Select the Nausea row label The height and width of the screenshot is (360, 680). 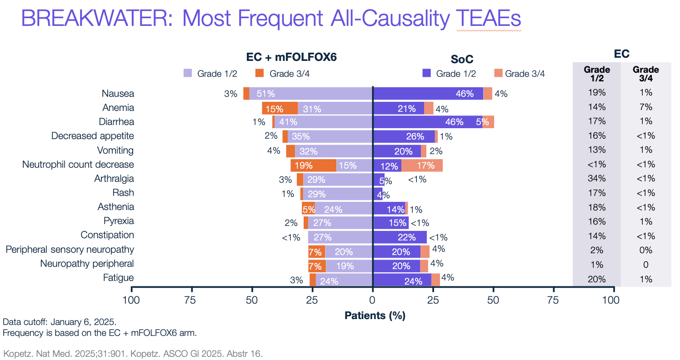[118, 94]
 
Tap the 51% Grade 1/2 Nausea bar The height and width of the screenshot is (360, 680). [311, 94]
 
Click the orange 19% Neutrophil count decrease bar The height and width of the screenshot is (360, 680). [314, 165]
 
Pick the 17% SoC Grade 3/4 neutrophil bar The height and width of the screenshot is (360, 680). [422, 165]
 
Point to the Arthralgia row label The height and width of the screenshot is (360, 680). [114, 179]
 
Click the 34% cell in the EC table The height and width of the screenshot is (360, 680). [596, 179]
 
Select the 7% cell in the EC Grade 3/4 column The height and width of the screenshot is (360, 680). [645, 107]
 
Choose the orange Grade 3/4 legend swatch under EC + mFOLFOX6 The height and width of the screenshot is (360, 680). [260, 73]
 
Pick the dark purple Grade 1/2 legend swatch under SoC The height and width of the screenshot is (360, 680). [426, 73]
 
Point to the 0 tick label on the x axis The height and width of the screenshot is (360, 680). [373, 300]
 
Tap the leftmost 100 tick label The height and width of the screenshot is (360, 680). [131, 300]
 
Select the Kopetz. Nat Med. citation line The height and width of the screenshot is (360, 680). [133, 353]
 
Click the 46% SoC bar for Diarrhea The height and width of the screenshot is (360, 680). [427, 122]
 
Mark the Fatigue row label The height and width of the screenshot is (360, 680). [119, 277]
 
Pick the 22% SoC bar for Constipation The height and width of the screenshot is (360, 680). [400, 237]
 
